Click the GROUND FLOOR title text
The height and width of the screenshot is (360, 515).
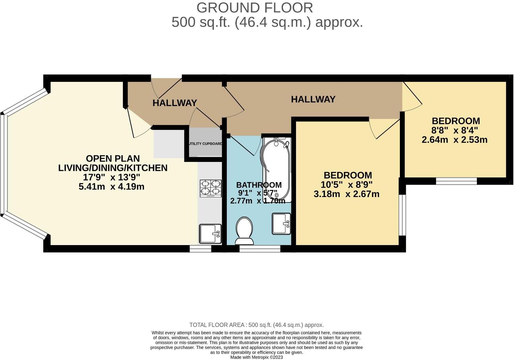pyautogui.click(x=254, y=8)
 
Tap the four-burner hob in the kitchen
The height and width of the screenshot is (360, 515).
pyautogui.click(x=210, y=188)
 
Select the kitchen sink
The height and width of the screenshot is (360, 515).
pyautogui.click(x=210, y=234)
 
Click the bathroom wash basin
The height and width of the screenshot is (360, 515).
pyautogui.click(x=281, y=224)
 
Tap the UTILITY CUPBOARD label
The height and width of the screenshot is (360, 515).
pyautogui.click(x=205, y=144)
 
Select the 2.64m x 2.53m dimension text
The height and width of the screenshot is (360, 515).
pyautogui.click(x=454, y=140)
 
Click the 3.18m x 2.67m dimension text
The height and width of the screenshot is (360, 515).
pyautogui.click(x=346, y=194)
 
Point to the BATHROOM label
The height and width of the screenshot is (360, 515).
pyautogui.click(x=259, y=185)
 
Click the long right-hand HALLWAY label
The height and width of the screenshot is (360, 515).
pyautogui.click(x=313, y=99)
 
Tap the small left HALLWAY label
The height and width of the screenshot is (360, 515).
pyautogui.click(x=175, y=103)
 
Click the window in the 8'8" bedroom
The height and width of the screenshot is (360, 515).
pyautogui.click(x=456, y=181)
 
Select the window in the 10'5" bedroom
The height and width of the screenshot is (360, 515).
pyautogui.click(x=402, y=215)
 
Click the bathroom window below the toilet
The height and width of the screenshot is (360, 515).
pyautogui.click(x=260, y=249)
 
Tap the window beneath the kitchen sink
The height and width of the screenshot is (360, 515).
pyautogui.click(x=200, y=249)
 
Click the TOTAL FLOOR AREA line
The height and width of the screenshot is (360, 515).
pyautogui.click(x=256, y=325)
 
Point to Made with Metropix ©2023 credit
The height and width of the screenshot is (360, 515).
pyautogui.click(x=256, y=357)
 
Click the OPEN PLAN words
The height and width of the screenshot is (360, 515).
pyautogui.click(x=113, y=159)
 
